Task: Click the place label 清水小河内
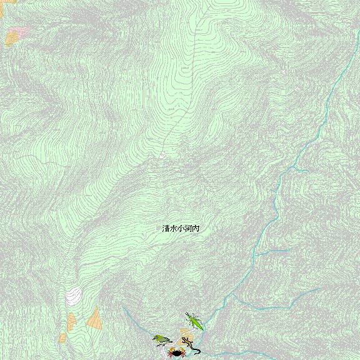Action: [181, 229]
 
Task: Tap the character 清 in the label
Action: [166, 229]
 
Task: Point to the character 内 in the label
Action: [196, 229]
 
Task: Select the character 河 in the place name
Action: [188, 229]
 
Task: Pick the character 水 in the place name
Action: [174, 229]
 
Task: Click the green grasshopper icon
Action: [195, 322]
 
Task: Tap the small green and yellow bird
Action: [162, 339]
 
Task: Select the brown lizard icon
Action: [189, 344]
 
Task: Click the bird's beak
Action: [154, 337]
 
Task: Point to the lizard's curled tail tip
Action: [199, 352]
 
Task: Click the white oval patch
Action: [74, 294]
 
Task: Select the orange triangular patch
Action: [95, 318]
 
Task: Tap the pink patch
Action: [21, 30]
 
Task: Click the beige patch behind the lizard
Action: [185, 334]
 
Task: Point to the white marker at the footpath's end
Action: [162, 154]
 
